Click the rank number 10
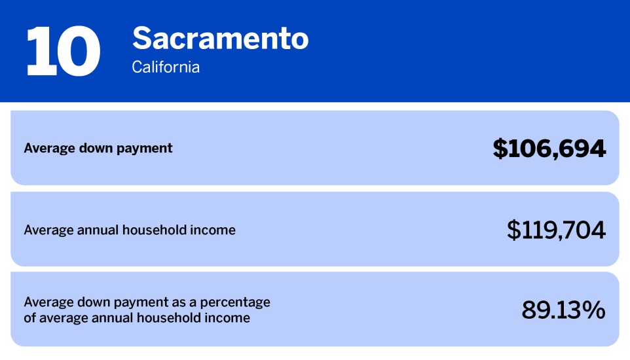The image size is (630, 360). tap(63, 52)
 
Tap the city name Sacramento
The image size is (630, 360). tap(220, 39)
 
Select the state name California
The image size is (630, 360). tap(166, 67)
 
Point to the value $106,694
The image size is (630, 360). tap(549, 149)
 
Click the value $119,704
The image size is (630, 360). tap(556, 230)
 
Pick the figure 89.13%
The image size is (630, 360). tap(563, 310)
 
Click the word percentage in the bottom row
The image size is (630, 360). tap(238, 303)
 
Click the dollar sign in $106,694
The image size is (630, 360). tap(500, 149)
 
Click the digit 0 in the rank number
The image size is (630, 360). tap(77, 52)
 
